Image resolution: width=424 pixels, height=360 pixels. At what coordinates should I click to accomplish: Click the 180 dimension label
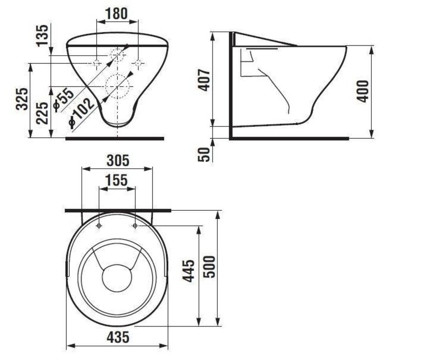click(117, 14)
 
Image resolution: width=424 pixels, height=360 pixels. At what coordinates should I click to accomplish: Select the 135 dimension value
click(43, 36)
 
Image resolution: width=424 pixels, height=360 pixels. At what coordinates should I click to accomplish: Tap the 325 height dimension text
click(22, 99)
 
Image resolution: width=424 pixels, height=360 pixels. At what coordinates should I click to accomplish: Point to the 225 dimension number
click(43, 113)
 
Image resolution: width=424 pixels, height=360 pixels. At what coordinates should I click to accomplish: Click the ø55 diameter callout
click(64, 99)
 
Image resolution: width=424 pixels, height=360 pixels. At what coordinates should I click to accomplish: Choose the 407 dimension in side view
click(204, 80)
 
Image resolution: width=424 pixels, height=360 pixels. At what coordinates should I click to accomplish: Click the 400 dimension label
click(363, 91)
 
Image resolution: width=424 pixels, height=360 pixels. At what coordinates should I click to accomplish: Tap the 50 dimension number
click(204, 155)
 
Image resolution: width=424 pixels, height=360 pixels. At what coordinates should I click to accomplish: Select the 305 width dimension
click(118, 161)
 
